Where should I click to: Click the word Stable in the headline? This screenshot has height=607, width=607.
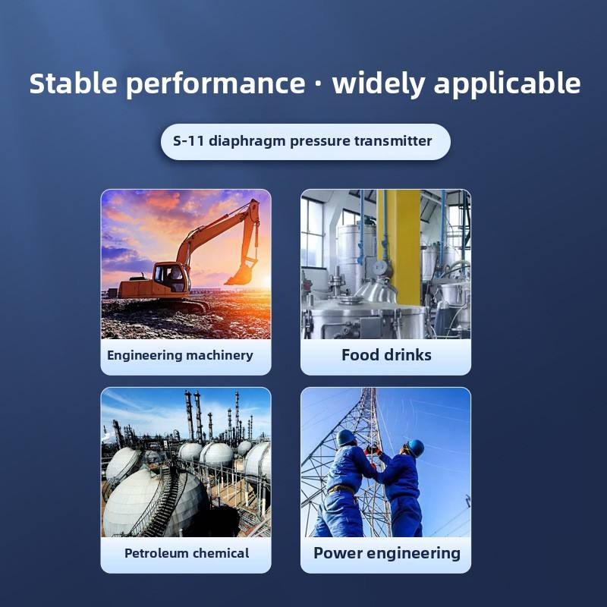[x=73, y=83]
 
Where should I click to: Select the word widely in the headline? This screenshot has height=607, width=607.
[x=379, y=85]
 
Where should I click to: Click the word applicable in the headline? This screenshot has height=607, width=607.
[x=507, y=85]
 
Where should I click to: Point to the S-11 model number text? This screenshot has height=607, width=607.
[x=188, y=141]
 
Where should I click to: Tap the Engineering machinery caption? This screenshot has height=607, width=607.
[x=180, y=355]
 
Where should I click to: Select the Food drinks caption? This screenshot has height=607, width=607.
[x=386, y=355]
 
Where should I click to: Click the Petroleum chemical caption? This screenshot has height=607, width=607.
[x=187, y=553]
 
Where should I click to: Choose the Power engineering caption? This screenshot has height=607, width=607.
[x=387, y=554]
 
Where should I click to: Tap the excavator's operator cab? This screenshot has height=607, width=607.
[x=170, y=277]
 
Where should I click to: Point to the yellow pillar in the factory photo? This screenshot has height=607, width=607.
[x=399, y=247]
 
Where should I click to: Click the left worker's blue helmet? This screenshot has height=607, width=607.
[x=345, y=438]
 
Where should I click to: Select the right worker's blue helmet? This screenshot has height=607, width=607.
[x=415, y=448]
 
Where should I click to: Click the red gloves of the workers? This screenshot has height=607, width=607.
[x=373, y=451]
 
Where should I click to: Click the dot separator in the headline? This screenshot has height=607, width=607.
[x=318, y=85]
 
